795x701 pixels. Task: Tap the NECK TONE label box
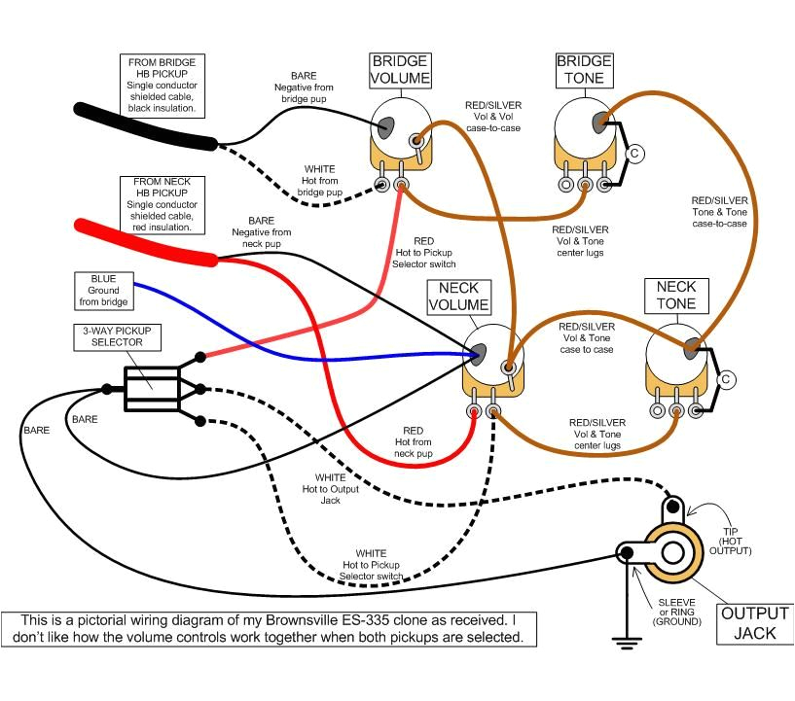(676, 295)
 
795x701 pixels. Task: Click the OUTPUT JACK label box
(754, 624)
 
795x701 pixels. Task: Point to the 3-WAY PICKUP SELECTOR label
(116, 336)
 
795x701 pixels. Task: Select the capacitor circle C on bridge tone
(634, 153)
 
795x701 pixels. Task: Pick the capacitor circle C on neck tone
(724, 380)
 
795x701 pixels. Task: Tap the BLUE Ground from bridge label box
(103, 290)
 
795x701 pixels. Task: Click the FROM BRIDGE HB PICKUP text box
(163, 85)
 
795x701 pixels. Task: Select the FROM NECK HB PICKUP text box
(163, 205)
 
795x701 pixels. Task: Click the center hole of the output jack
(671, 554)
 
